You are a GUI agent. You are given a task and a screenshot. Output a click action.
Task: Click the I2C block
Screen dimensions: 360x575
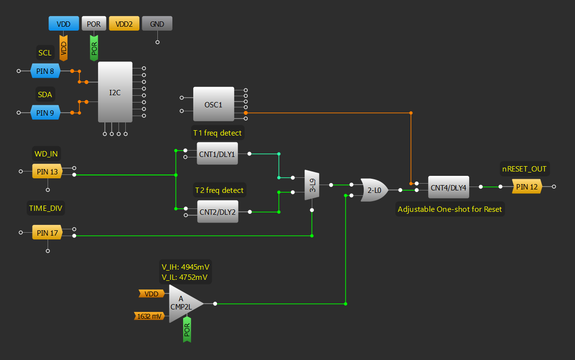pyautogui.click(x=115, y=92)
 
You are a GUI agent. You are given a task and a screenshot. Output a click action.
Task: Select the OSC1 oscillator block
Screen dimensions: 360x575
pyautogui.click(x=213, y=104)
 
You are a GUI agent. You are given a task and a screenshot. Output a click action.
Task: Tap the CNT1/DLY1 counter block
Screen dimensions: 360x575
pyautogui.click(x=217, y=154)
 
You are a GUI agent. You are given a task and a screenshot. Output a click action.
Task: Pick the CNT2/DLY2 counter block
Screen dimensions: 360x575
pyautogui.click(x=217, y=211)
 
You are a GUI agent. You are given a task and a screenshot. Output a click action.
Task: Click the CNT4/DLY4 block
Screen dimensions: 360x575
pyautogui.click(x=448, y=187)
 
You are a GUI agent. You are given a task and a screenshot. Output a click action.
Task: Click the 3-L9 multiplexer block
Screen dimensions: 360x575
pyautogui.click(x=312, y=185)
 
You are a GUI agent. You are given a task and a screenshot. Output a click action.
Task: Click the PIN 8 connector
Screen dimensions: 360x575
pyautogui.click(x=45, y=71)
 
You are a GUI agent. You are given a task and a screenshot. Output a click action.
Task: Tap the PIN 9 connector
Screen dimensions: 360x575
pyautogui.click(x=45, y=113)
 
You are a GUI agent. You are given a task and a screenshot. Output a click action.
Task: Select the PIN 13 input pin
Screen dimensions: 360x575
pyautogui.click(x=47, y=171)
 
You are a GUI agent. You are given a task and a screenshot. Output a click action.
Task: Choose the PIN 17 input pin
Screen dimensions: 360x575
pyautogui.click(x=47, y=232)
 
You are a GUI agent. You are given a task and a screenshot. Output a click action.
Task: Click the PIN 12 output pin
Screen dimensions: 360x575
pyautogui.click(x=526, y=186)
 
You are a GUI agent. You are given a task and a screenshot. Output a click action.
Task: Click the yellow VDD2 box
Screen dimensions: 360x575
pyautogui.click(x=124, y=23)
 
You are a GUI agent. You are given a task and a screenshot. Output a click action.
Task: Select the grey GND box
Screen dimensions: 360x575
pyautogui.click(x=157, y=23)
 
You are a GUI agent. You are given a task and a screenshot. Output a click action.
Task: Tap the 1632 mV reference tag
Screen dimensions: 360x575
pyautogui.click(x=149, y=316)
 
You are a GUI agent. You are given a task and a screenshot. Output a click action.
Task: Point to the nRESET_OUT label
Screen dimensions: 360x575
pyautogui.click(x=524, y=169)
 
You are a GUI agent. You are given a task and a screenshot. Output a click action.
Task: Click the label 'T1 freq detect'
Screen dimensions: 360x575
pyautogui.click(x=218, y=133)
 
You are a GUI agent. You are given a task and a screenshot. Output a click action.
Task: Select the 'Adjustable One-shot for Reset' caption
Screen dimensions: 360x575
pyautogui.click(x=450, y=209)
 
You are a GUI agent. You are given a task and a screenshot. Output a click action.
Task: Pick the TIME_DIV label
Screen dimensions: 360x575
pyautogui.click(x=46, y=209)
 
